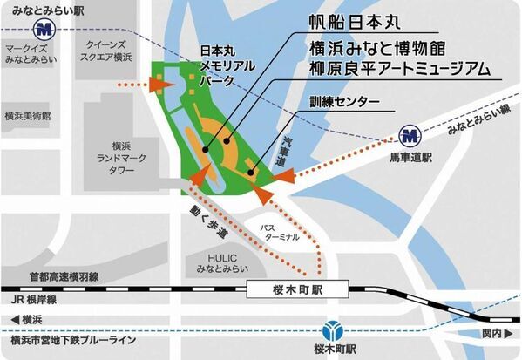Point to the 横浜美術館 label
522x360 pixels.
(27, 115)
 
